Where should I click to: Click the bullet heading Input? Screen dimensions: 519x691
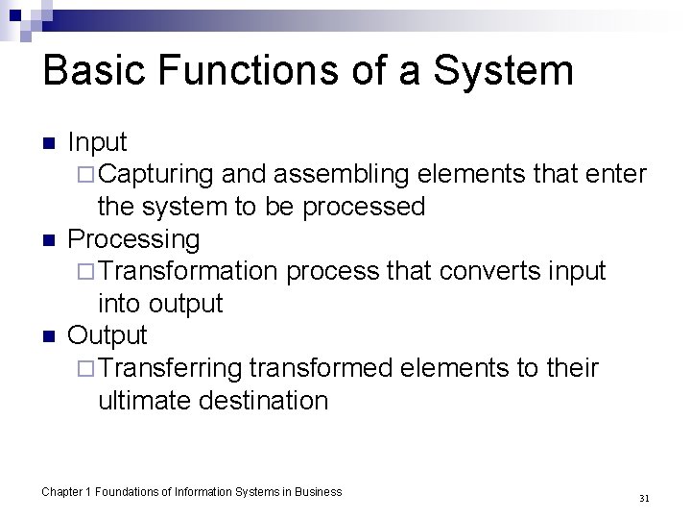pos(97,142)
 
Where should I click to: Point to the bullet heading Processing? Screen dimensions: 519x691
pos(134,239)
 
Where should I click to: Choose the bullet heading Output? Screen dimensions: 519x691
pos(107,335)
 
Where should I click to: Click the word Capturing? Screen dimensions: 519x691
pos(155,174)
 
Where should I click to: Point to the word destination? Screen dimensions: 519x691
pos(263,400)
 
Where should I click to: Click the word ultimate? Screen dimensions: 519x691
pos(144,400)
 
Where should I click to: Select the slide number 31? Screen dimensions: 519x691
pos(644,498)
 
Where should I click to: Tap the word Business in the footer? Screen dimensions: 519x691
pos(319,492)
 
